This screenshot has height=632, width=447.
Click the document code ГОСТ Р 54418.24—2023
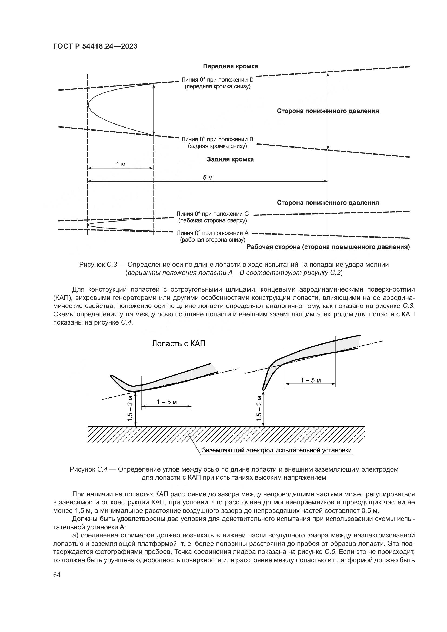click(95, 46)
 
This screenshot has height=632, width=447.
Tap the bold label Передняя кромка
click(230, 66)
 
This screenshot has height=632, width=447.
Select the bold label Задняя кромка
click(230, 159)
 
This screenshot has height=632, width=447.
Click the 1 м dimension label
click(121, 164)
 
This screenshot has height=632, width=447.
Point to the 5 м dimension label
click(208, 178)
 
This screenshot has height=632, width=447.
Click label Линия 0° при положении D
click(217, 80)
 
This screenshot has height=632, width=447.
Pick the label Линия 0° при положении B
click(217, 139)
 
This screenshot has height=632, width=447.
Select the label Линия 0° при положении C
click(212, 214)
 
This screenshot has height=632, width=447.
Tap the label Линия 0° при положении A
click(212, 233)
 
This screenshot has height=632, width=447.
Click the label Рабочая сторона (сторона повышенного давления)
click(328, 247)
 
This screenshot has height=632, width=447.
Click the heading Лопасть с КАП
click(179, 344)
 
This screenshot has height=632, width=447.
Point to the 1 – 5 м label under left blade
click(166, 402)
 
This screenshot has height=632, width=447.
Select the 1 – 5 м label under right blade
click(311, 380)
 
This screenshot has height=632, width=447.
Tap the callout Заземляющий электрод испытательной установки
click(277, 450)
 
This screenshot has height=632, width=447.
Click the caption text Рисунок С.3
click(98, 265)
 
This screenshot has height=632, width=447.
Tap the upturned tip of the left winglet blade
click(111, 376)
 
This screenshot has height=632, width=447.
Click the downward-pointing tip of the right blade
click(263, 390)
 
